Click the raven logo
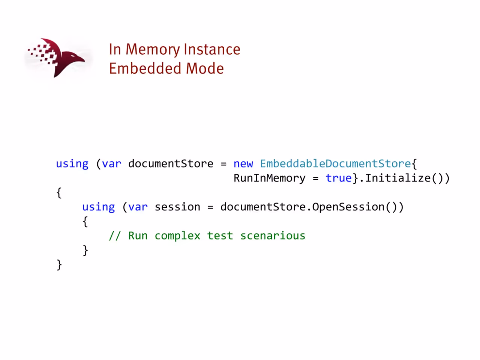56,58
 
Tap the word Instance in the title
212,49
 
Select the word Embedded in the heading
145,68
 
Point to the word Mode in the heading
205,68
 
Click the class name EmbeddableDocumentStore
336,163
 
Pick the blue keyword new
243,164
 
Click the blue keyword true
339,178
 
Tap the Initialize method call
398,178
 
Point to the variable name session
177,207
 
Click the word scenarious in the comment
273,235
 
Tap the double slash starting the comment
115,235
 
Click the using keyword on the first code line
72,164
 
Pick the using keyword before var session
98,207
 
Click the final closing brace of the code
59,265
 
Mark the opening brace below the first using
59,193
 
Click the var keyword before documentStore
111,164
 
